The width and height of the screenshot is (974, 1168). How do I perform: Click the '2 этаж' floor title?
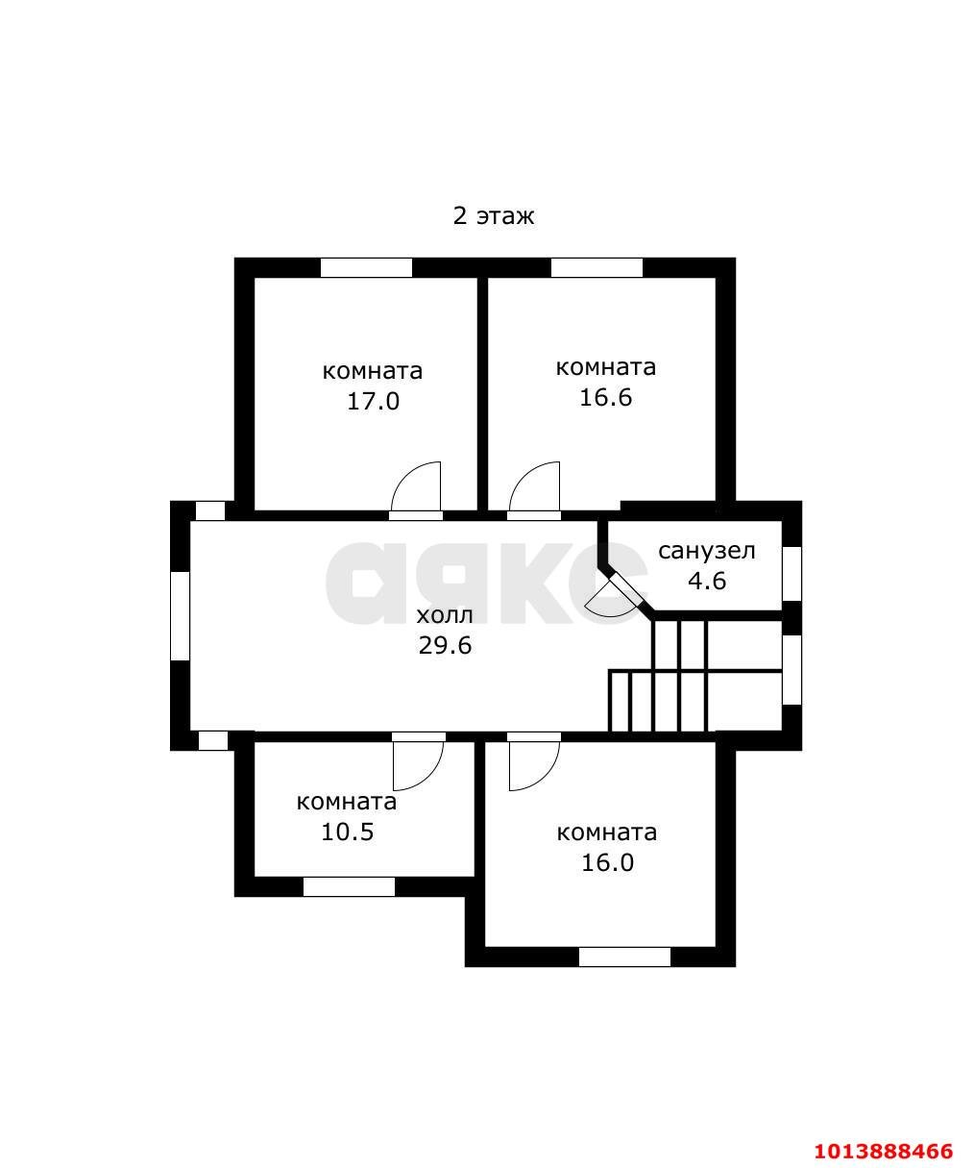[493, 216]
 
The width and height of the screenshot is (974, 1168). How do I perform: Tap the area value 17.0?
[373, 402]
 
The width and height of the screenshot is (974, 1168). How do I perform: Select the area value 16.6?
[605, 398]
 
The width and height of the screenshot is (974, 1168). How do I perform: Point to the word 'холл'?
[445, 616]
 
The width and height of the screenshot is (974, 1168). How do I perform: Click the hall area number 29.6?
[445, 646]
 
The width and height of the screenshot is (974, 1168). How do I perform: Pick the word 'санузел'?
[707, 551]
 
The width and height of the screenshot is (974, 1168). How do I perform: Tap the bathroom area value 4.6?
[707, 581]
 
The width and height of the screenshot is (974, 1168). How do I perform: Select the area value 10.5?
[347, 833]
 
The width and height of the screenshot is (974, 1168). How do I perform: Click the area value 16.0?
[608, 862]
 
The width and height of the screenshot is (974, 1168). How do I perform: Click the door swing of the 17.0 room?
[416, 486]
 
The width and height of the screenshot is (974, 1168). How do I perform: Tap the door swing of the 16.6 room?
[534, 486]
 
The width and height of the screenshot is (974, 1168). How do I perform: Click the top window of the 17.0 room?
[366, 267]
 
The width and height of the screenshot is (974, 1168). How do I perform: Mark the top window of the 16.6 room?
[597, 267]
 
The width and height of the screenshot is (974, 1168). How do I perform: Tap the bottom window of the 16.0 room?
[624, 957]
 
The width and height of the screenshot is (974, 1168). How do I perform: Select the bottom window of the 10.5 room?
[349, 887]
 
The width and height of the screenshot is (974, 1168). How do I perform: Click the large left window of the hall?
[180, 616]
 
